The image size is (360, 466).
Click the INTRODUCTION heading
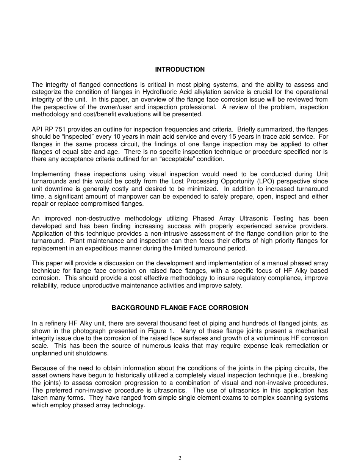tap(180, 69)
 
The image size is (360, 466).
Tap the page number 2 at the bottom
tap(180, 458)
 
